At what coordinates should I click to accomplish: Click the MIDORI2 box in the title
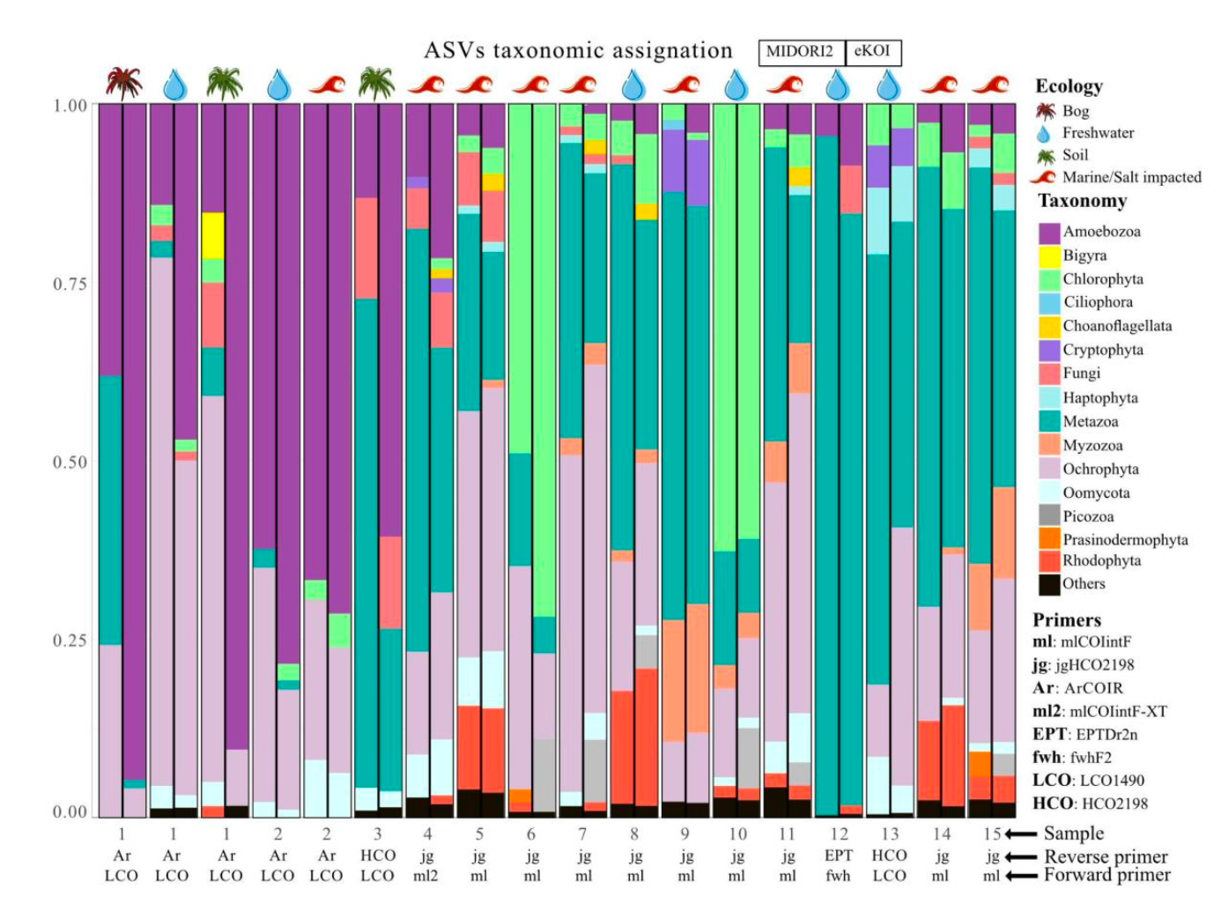800,52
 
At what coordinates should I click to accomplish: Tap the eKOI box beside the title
872,52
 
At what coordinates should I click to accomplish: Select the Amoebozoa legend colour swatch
1049,233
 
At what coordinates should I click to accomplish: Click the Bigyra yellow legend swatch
1049,256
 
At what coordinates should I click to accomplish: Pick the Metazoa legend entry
1090,422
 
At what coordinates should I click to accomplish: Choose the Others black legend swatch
1049,584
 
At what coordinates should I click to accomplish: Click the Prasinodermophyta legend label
1125,540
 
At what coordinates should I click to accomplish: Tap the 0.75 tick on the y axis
70,284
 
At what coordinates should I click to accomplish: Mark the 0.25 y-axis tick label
70,641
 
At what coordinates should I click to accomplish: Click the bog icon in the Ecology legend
1046,111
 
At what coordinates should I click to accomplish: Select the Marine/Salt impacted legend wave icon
1046,177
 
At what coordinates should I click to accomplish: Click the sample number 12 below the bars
839,833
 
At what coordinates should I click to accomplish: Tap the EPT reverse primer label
839,855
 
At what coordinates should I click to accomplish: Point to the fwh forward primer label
839,876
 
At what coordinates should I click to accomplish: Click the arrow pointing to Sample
1021,833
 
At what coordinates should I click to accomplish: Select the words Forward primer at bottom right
1107,875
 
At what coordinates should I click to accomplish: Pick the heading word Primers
1067,619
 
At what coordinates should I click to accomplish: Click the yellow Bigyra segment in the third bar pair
212,234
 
